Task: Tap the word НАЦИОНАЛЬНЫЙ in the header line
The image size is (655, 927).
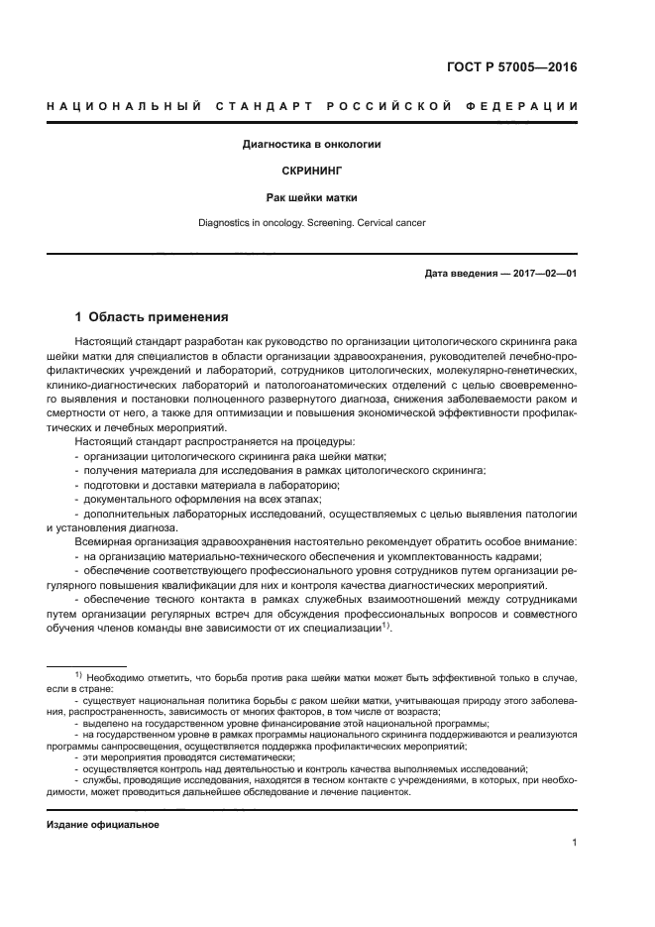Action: (122, 106)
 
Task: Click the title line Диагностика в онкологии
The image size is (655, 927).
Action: (311, 145)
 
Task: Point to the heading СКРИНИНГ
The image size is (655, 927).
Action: (311, 171)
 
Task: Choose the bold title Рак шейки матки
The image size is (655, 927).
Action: (311, 197)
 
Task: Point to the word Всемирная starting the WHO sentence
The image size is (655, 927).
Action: (107, 543)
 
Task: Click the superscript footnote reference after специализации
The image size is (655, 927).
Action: (387, 626)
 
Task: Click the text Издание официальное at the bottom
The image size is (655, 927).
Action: (103, 824)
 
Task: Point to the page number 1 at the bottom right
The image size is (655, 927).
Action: (574, 843)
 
